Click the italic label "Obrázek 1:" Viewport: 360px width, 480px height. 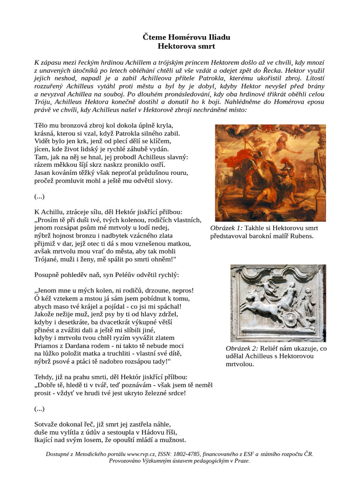click(227, 228)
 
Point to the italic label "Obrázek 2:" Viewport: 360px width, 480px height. click(242, 348)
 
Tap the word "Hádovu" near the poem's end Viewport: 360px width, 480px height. click(148, 432)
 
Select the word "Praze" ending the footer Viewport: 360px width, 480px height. click(241, 461)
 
